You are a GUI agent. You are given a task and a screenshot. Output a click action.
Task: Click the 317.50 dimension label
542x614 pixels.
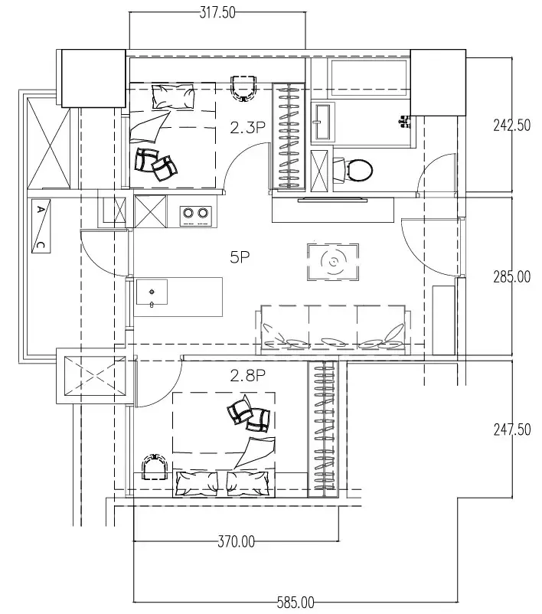[217, 12]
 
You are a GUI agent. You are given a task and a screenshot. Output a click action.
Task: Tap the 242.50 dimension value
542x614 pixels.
[512, 126]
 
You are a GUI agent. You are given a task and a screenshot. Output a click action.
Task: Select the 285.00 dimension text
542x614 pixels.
[512, 277]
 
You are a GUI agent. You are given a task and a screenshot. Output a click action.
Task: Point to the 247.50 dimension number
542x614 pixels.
[512, 429]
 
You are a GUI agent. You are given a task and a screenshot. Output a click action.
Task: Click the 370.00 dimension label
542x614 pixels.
[236, 542]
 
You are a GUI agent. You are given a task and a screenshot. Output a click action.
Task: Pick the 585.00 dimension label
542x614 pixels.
[295, 603]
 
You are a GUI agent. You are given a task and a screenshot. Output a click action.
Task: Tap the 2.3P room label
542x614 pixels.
[247, 128]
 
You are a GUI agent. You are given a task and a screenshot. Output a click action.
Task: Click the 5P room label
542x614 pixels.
[240, 257]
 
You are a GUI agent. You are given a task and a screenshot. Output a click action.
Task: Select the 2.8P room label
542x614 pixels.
[247, 376]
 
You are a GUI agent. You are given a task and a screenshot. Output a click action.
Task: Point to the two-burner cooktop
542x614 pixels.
[195, 216]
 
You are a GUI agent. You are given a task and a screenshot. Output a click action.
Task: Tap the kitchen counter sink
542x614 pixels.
[152, 292]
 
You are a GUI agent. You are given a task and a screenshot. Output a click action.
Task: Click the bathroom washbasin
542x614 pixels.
[323, 122]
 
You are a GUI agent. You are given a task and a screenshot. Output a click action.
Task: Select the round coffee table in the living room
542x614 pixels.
[333, 262]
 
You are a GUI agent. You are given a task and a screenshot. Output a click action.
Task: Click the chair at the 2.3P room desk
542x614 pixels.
[244, 89]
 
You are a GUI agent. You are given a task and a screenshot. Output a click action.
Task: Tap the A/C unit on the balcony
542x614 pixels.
[41, 226]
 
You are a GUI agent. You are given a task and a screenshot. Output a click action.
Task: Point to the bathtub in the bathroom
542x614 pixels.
[369, 78]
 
